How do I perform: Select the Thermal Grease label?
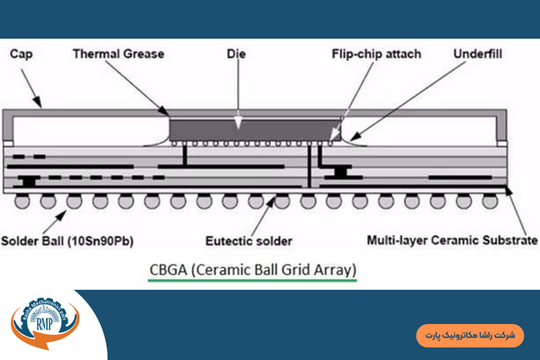[x=118, y=54]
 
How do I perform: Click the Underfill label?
[x=481, y=54]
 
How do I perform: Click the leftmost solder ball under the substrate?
[x=21, y=202]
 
